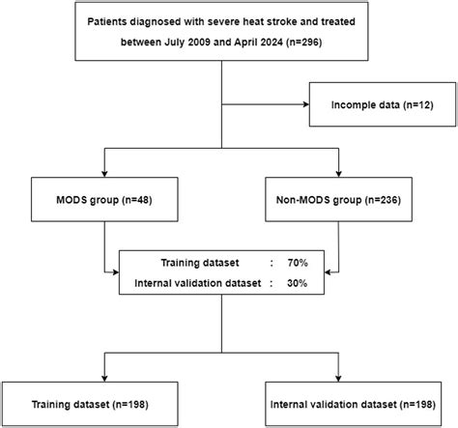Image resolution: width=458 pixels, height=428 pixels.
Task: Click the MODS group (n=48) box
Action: click(104, 202)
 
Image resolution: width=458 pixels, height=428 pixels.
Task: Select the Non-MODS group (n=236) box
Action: click(337, 202)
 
